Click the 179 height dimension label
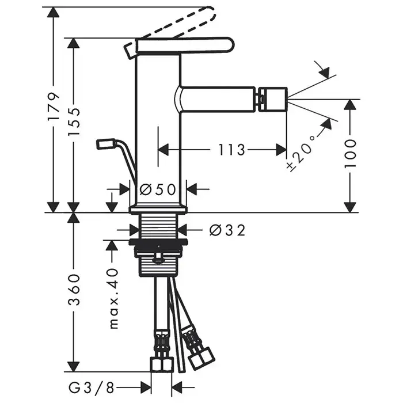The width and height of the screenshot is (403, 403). click(53, 106)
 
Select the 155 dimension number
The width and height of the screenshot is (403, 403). click(74, 121)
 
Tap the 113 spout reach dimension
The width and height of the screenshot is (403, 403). click(231, 150)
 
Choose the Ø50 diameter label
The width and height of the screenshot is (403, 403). click(158, 189)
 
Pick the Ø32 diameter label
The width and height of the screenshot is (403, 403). click(227, 230)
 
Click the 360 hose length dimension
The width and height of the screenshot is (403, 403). click(73, 290)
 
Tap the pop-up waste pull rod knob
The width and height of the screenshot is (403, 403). click(106, 144)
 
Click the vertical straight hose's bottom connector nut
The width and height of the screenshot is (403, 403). click(162, 364)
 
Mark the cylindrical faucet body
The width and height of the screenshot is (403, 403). click(158, 127)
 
